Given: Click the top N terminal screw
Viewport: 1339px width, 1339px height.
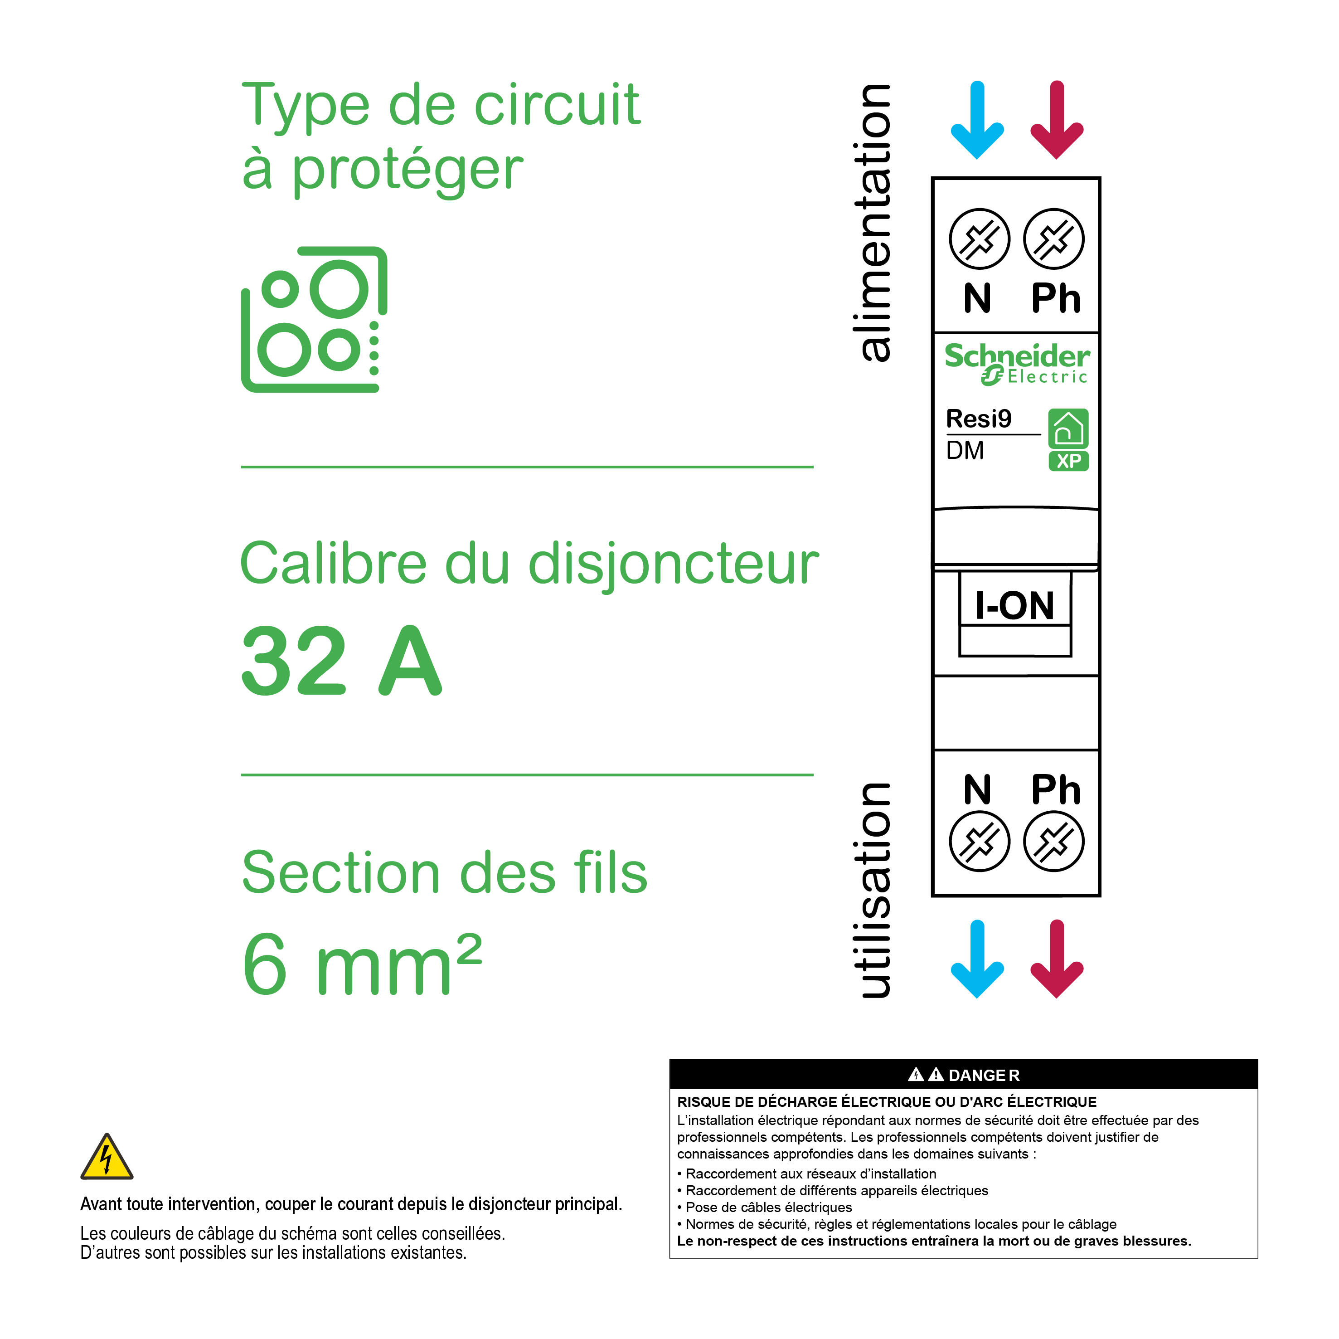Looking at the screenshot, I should (x=979, y=239).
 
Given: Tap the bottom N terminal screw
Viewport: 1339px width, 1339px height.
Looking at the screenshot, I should (x=979, y=841).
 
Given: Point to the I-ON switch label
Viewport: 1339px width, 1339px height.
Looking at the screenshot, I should (x=1014, y=605).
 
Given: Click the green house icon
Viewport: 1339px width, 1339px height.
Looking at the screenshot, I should (x=1068, y=428).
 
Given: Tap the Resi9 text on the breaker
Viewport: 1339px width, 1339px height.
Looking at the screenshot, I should (x=979, y=419).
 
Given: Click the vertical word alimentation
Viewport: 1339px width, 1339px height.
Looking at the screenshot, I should (x=875, y=222).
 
